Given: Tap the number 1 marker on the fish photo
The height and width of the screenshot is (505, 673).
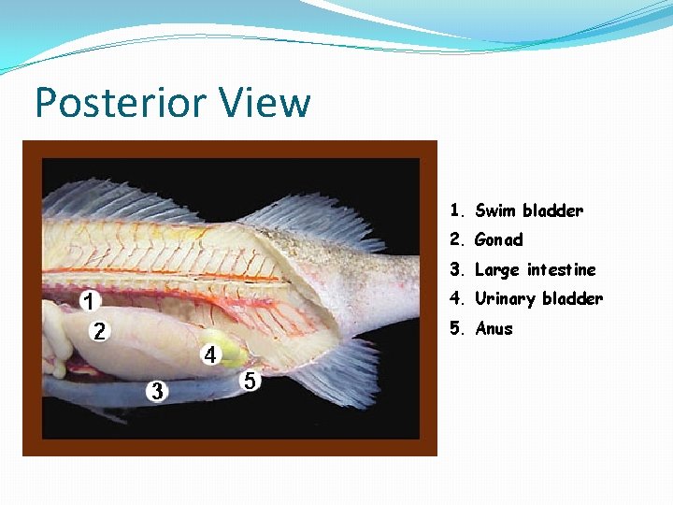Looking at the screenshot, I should (89, 301).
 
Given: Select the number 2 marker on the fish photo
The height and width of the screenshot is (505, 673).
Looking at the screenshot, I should (99, 331).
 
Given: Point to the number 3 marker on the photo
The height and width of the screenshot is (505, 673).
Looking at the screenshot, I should (158, 391).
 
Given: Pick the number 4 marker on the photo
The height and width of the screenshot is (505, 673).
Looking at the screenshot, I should (210, 355).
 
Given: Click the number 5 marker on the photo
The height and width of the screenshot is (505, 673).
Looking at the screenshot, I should (251, 382).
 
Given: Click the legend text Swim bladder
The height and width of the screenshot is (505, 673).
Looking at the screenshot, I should (528, 210).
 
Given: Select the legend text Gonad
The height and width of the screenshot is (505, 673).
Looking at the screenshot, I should (498, 240).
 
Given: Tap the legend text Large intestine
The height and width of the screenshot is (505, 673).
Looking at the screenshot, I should (535, 270).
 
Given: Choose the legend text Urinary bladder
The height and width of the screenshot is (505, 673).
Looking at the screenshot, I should (538, 299).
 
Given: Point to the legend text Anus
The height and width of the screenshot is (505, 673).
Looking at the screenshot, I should (494, 329).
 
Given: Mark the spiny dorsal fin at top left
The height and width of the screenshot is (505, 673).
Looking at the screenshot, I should (112, 201).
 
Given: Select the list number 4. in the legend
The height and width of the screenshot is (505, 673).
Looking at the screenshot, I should (456, 299).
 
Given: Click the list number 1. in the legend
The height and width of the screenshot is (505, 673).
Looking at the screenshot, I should (456, 210).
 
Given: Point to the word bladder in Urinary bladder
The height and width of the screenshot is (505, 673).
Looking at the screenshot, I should (573, 299).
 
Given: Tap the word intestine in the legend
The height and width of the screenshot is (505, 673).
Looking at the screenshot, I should (561, 270).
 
